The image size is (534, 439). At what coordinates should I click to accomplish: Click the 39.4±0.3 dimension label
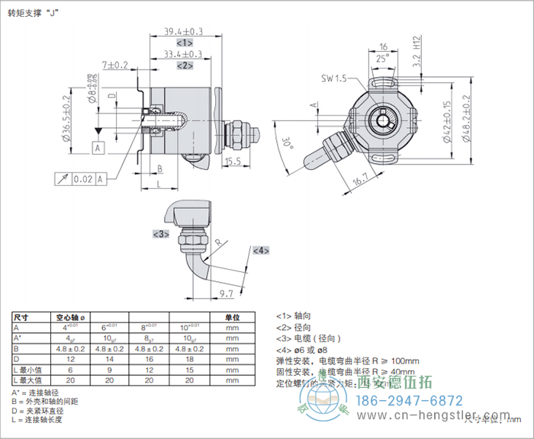pyautogui.click(x=184, y=31)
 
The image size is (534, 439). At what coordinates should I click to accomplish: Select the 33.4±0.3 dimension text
pyautogui.click(x=184, y=54)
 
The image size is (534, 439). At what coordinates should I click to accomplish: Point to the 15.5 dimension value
pyautogui.click(x=233, y=161)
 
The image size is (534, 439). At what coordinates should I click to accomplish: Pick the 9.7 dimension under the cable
pyautogui.click(x=226, y=293)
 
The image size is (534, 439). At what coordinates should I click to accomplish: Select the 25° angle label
pyautogui.click(x=381, y=56)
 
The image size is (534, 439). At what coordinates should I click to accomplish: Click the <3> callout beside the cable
pyautogui.click(x=161, y=234)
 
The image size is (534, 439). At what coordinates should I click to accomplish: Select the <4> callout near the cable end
pyautogui.click(x=261, y=250)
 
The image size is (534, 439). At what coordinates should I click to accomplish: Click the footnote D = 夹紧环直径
pyautogui.click(x=43, y=410)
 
